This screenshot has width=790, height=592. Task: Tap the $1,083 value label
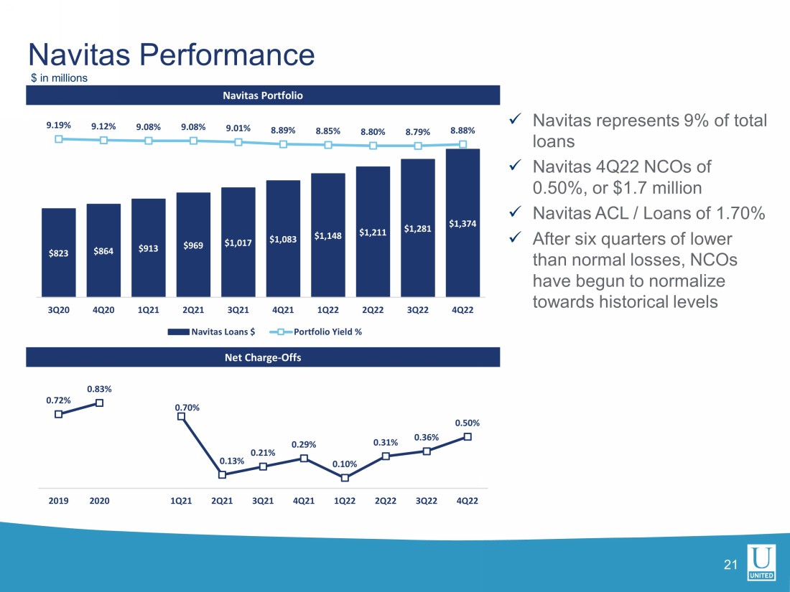283,239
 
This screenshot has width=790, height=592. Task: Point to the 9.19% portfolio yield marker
59,139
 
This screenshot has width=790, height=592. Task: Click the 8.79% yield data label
417,131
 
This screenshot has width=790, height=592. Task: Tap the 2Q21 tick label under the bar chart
193,310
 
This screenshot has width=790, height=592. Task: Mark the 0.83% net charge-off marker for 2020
99,403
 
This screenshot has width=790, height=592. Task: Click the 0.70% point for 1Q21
181,415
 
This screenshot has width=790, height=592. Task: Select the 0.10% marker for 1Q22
345,478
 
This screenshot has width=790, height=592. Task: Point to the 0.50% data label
467,423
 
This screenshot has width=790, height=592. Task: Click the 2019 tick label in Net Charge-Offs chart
58,500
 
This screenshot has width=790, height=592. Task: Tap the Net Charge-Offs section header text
263,357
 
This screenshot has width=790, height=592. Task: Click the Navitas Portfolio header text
263,95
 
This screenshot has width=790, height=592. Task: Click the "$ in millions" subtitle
59,78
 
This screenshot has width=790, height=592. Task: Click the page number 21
731,565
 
